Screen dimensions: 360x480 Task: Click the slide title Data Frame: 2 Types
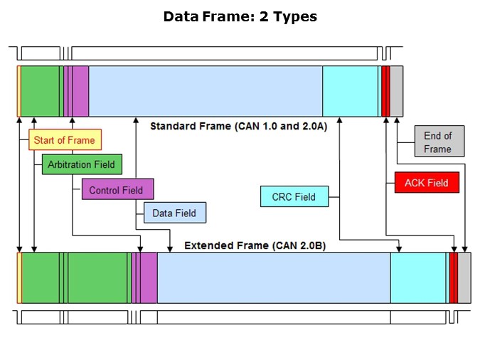240,16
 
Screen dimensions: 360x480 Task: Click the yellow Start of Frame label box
64,140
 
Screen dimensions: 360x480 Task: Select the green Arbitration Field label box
81,164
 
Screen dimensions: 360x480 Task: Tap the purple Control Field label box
117,189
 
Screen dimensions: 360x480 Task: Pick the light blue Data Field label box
174,213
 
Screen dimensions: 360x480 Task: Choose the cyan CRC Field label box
294,196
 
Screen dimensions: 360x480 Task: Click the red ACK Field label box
427,183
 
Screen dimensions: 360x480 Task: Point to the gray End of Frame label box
438,142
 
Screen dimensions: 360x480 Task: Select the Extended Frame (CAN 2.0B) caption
255,245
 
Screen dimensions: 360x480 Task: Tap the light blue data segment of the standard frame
206,91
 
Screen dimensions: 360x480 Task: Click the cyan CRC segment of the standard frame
350,91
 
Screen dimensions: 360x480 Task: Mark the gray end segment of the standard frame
397,91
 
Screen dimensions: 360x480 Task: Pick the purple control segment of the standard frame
80,91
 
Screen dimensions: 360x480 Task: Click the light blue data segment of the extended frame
274,277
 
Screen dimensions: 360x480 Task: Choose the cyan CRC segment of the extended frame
419,277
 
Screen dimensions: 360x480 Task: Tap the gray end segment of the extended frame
464,277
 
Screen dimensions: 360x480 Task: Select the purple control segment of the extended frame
148,277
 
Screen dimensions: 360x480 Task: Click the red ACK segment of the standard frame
385,91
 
